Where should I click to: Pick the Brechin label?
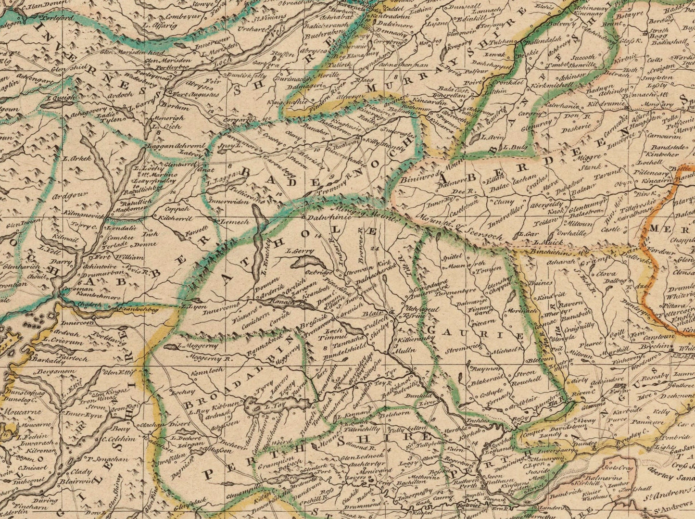(x=656, y=347)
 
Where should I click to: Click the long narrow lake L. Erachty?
(x=260, y=226)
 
